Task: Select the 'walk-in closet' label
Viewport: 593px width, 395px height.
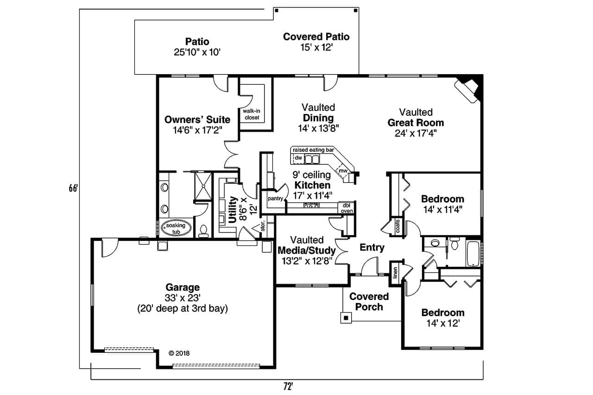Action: click(x=251, y=114)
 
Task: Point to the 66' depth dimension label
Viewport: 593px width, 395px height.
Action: click(x=72, y=189)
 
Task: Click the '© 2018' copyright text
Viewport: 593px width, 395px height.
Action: click(x=179, y=353)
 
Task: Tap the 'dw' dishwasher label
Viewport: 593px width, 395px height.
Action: click(x=298, y=158)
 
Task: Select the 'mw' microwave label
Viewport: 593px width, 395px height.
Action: click(x=343, y=171)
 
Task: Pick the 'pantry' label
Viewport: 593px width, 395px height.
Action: click(x=275, y=198)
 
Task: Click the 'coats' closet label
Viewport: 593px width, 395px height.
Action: click(x=397, y=226)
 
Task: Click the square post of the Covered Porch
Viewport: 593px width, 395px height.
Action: click(x=346, y=318)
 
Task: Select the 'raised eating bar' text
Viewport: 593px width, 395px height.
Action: click(x=313, y=150)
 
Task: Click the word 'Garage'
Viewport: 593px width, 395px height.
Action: click(x=183, y=287)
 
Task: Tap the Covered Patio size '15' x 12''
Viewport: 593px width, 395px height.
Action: click(x=316, y=47)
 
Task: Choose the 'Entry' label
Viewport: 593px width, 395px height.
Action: click(x=372, y=248)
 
